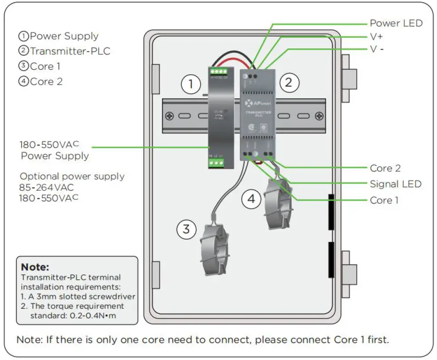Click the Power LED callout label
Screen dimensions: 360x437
[x=396, y=23]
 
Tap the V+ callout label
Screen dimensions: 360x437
[x=377, y=36]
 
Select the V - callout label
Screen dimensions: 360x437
[x=377, y=49]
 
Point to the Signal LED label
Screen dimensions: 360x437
[x=396, y=184]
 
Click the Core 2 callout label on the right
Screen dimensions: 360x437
[x=385, y=168]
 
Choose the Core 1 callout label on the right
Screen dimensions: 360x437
[x=384, y=200]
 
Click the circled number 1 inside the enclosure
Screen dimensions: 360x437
[x=191, y=84]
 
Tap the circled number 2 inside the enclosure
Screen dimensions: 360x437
[x=288, y=83]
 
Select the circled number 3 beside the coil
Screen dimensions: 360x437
[x=186, y=229]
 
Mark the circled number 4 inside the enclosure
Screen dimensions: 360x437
[x=251, y=199]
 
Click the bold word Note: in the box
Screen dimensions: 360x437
[x=35, y=267]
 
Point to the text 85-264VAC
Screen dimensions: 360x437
[x=46, y=187]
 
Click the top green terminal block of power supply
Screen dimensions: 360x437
[x=218, y=71]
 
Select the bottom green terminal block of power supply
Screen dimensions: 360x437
[x=217, y=162]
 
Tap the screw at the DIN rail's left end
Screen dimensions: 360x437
[x=170, y=116]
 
